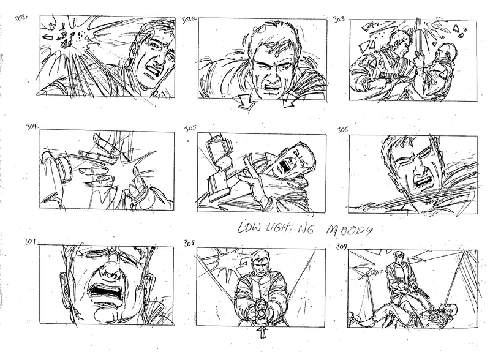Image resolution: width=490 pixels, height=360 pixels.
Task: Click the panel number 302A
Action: click(x=22, y=19)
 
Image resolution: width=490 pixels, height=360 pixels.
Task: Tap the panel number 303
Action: click(x=337, y=19)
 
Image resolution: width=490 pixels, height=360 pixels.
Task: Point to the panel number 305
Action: click(x=189, y=129)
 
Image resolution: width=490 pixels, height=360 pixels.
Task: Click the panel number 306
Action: click(x=342, y=130)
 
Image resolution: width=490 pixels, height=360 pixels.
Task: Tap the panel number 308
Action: click(x=189, y=243)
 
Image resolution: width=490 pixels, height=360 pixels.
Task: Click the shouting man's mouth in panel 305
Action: click(x=284, y=164)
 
